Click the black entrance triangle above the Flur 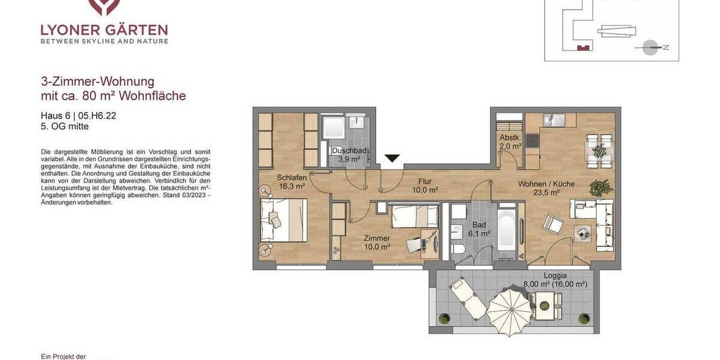coord(392,158)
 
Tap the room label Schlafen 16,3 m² coord(292,182)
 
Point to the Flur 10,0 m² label coord(425,185)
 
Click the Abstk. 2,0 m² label coord(511,141)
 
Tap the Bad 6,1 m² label coord(479,229)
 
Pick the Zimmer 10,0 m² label coord(377,242)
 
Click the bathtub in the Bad coord(506,232)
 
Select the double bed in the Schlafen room coord(283,220)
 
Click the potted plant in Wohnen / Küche coord(601,188)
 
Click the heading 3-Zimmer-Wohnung coord(97,82)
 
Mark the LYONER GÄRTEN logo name coord(104,29)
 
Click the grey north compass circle coord(650,47)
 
